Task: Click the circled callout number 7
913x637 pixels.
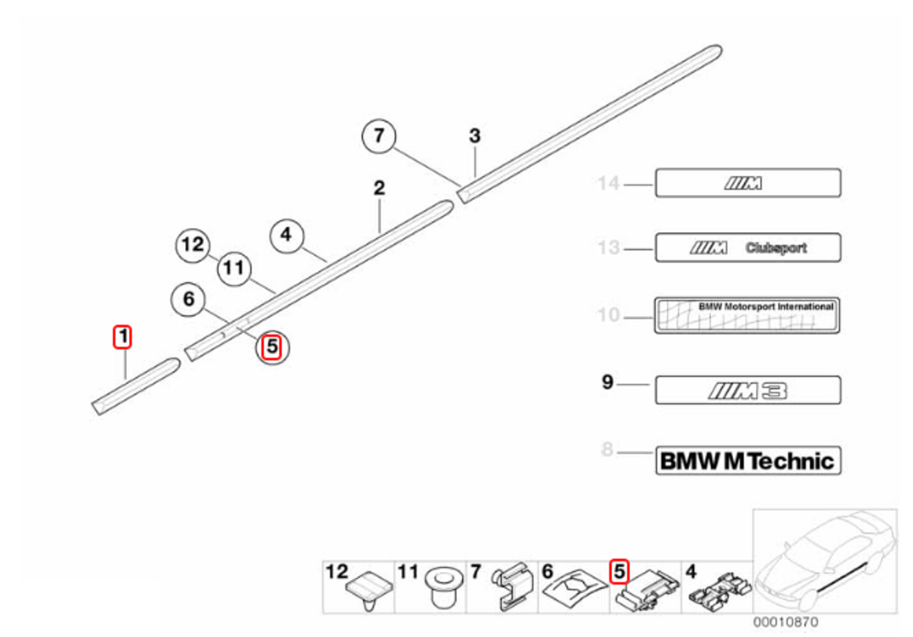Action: click(379, 136)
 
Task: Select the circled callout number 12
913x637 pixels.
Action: click(193, 245)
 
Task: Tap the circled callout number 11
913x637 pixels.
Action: click(234, 268)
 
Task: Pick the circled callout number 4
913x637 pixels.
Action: click(286, 235)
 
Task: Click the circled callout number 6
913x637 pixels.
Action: click(189, 299)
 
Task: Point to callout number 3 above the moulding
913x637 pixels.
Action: click(475, 136)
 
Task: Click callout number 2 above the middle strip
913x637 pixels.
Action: click(379, 188)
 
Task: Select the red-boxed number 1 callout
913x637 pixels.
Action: click(123, 336)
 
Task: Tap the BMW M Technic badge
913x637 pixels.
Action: click(747, 460)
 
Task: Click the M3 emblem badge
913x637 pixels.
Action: click(747, 390)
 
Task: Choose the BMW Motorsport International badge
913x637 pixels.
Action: click(747, 315)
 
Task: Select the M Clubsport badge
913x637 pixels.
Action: click(747, 248)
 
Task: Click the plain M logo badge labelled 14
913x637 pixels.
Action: click(747, 183)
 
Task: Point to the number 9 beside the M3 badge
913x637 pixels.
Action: click(607, 382)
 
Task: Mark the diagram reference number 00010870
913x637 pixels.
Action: click(785, 622)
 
